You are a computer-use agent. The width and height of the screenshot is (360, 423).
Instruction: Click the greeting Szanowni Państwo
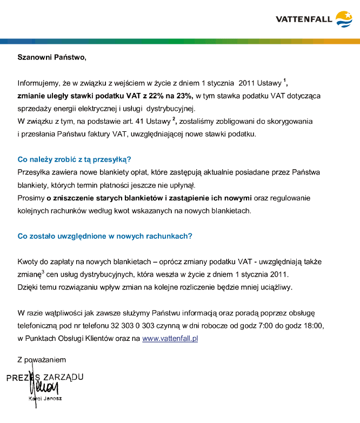click(51, 57)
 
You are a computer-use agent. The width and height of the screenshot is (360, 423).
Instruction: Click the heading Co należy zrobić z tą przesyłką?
click(75, 159)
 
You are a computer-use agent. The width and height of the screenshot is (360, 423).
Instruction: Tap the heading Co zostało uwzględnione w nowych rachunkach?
click(105, 236)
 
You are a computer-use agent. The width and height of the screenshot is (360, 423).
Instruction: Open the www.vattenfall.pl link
click(170, 338)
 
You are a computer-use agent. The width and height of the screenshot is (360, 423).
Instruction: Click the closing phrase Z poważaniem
click(41, 359)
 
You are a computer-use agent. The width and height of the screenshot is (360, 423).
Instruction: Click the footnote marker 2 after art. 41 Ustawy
click(174, 119)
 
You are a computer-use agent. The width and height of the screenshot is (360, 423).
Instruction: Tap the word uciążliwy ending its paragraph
click(276, 287)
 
